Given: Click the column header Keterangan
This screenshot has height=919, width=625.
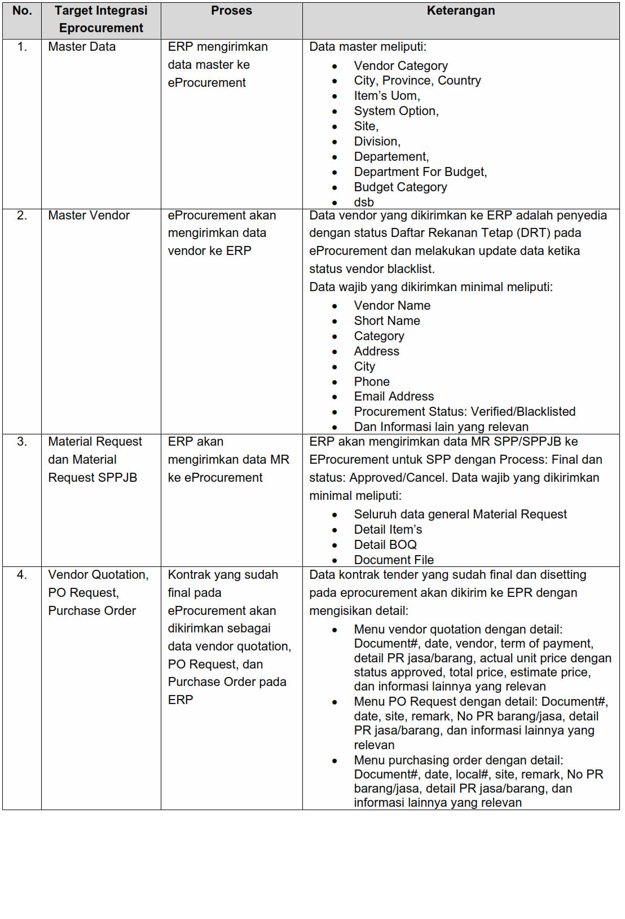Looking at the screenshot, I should point(460,11).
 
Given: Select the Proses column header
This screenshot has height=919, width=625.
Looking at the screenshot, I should point(231,11).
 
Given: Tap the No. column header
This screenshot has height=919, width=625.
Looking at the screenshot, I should point(22,11).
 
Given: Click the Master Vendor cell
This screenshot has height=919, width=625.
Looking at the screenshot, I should point(89,216).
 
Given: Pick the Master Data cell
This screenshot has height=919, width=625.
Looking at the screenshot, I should point(82,47).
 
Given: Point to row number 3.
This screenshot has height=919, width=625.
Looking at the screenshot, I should point(22,442).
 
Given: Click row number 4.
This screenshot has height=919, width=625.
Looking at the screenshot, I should point(22,575).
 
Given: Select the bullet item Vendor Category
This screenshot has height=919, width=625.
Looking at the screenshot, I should point(400,66).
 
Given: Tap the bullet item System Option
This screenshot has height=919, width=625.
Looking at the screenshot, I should point(396,111).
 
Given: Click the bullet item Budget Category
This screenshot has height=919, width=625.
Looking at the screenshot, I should point(400,187).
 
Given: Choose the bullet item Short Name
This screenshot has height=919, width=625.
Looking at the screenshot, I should point(387,321).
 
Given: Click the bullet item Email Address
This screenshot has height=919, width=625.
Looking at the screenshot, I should point(394,397).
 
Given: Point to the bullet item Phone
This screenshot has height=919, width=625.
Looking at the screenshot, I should point(372,382).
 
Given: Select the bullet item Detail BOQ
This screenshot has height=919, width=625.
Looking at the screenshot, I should point(385,545).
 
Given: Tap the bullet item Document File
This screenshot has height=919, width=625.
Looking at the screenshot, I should point(394,560).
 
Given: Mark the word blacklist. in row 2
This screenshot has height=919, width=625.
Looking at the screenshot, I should point(411,269).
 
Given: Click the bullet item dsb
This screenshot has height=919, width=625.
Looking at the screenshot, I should point(364,203).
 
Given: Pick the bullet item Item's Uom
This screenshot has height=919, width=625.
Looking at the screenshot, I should point(387,96).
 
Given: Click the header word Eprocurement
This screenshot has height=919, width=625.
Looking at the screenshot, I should point(101,28).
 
